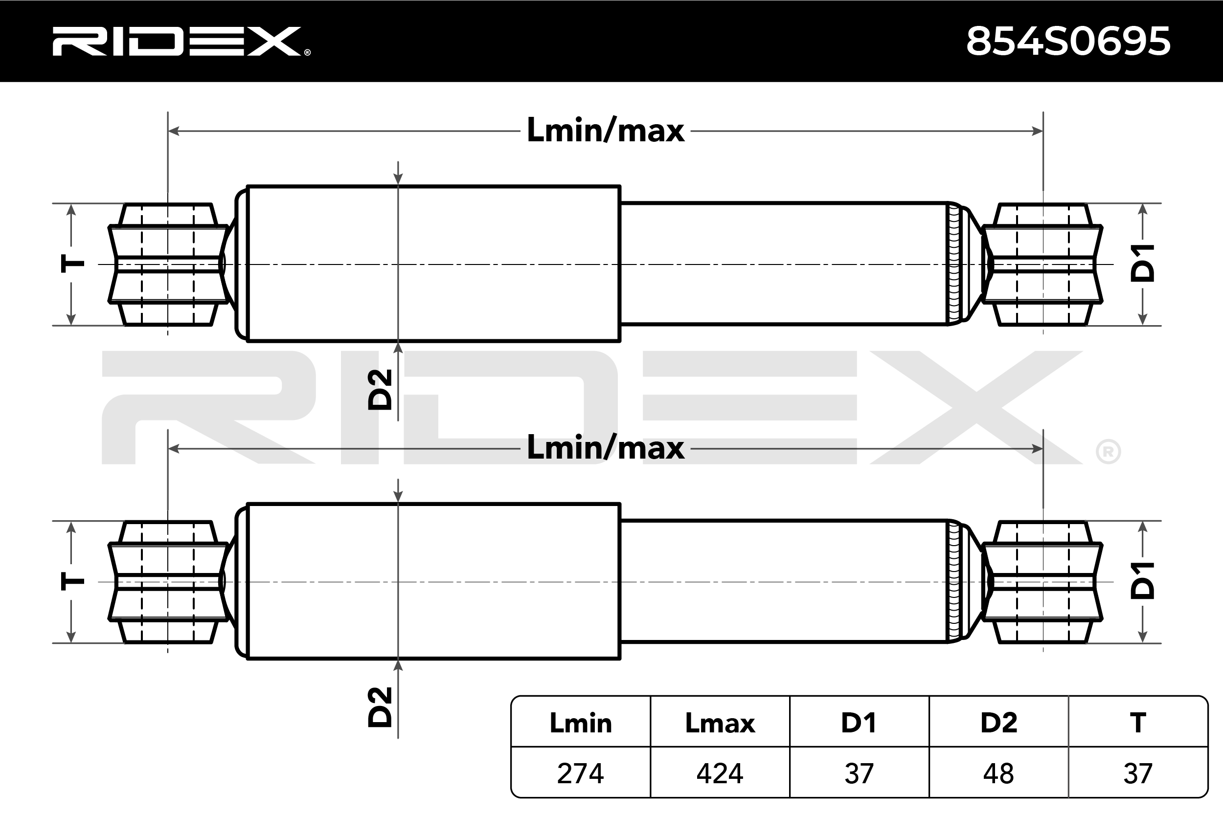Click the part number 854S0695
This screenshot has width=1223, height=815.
(x=1068, y=42)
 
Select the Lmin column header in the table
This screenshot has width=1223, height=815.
(x=580, y=723)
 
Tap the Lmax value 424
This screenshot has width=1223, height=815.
(x=720, y=773)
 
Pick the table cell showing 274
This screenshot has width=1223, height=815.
(x=580, y=773)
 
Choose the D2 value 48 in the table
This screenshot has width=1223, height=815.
(x=998, y=773)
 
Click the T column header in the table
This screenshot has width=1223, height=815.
(x=1138, y=723)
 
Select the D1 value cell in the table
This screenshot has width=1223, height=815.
(x=859, y=773)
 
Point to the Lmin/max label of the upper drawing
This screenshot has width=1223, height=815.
(x=605, y=131)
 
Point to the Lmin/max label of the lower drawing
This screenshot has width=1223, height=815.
(x=605, y=448)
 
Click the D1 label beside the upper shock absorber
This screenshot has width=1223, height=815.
(x=1143, y=264)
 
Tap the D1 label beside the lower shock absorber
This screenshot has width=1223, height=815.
(x=1143, y=581)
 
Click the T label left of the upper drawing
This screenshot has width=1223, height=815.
(x=72, y=264)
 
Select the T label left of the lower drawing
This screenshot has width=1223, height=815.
(x=72, y=581)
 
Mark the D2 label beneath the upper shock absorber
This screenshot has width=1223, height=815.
(x=380, y=390)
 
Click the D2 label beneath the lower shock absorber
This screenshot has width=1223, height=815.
(x=380, y=707)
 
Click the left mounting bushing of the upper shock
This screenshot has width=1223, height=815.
(x=167, y=264)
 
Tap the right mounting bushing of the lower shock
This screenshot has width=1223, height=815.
(x=1042, y=582)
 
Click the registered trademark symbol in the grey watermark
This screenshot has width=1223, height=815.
(x=1108, y=452)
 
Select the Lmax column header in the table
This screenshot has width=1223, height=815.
(x=720, y=723)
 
